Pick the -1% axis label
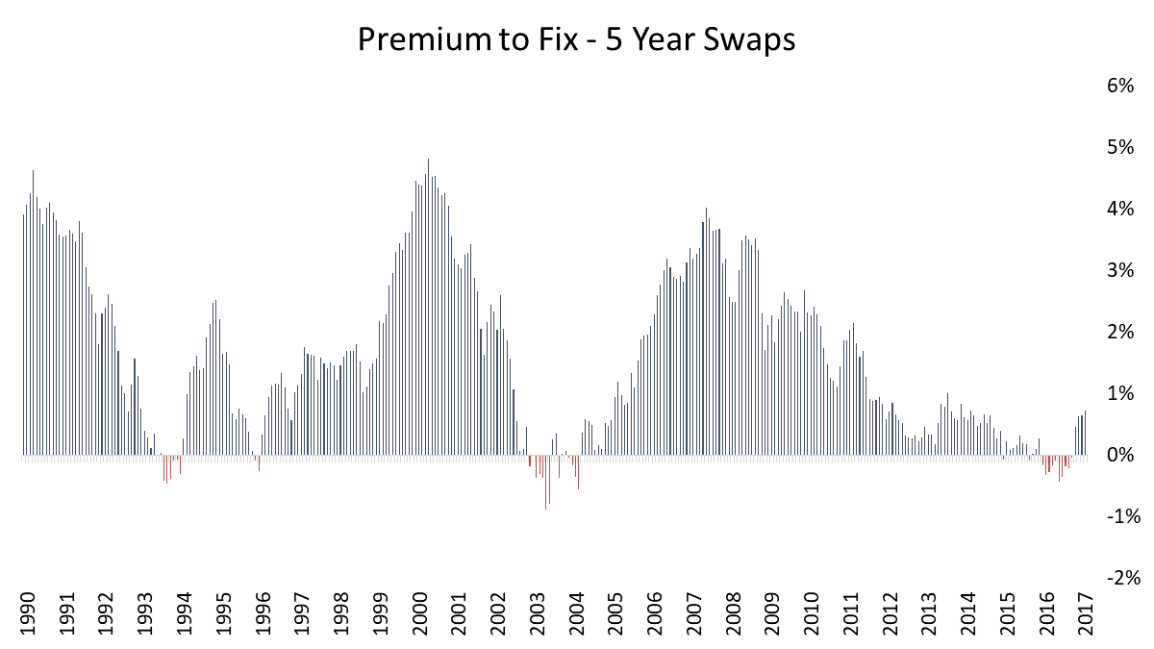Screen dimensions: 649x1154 coord(1120,516)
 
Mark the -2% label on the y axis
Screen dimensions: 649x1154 coord(1120,578)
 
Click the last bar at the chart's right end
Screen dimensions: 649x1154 coord(1085,433)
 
